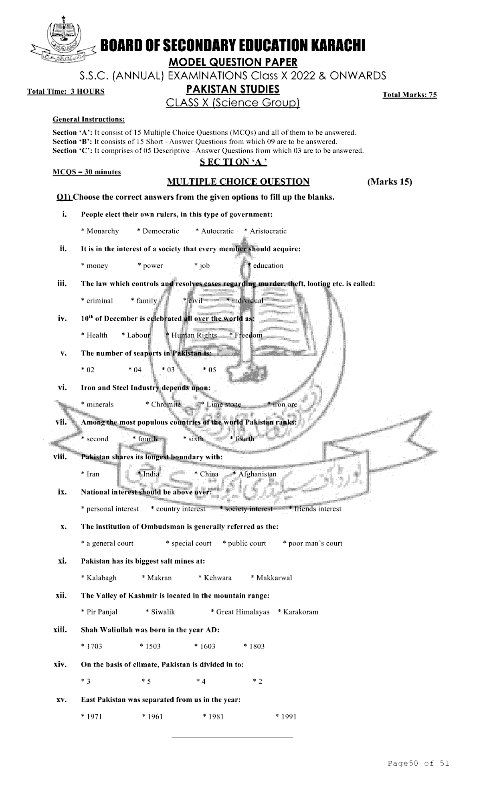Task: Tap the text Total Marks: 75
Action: pos(409,95)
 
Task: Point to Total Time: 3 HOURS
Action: pos(66,91)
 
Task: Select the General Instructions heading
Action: pos(89,119)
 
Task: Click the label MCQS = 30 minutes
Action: pos(87,172)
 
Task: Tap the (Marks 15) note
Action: pos(389,182)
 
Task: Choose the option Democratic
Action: pos(158,231)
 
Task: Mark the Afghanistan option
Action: pos(255,474)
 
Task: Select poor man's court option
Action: pos(313,543)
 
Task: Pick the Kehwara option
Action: pos(215,578)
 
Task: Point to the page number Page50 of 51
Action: pos(418,763)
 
